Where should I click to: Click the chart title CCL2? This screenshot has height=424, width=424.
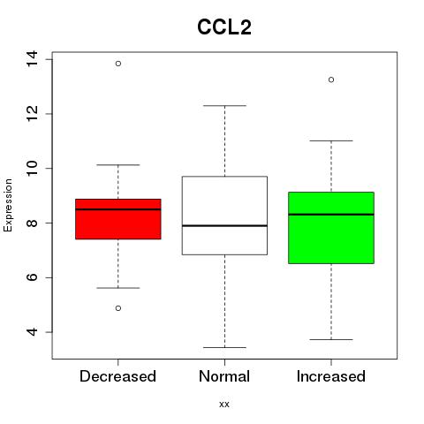point(224,27)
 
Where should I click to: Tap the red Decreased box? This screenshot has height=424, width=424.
point(118,219)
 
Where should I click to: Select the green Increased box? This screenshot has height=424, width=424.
point(331,228)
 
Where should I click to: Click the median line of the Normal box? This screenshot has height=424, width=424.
point(224,225)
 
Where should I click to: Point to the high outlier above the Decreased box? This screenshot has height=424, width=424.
point(118,64)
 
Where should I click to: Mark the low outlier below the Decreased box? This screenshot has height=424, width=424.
point(118,308)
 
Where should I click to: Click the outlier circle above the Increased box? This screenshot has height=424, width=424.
point(331,79)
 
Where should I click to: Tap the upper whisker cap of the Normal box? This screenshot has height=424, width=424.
point(224,105)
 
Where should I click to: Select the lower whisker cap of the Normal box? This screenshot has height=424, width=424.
point(224,347)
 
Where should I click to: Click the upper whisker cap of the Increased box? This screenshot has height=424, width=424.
point(331,140)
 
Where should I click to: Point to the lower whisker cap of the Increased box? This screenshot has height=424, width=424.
point(331,339)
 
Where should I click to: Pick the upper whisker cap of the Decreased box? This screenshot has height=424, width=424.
point(118,165)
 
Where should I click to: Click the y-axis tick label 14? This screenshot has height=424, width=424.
point(32,59)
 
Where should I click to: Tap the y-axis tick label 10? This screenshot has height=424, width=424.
point(32,169)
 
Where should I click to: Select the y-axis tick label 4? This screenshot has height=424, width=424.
point(32,332)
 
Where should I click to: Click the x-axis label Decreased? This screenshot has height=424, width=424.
point(117,376)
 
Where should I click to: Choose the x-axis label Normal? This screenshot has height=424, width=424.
point(224,376)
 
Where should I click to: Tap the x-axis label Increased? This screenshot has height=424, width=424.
point(331,376)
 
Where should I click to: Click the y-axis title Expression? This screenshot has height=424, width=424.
point(8,205)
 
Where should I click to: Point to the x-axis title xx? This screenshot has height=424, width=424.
point(224,405)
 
